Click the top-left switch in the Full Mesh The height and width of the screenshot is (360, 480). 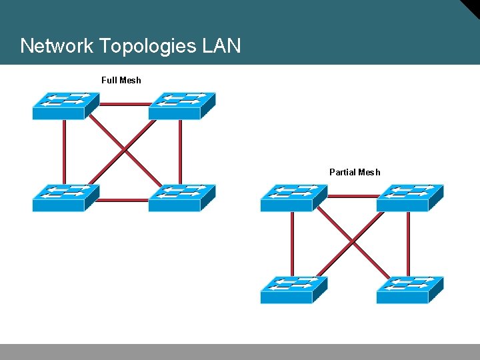coord(65,106)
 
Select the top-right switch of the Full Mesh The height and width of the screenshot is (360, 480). coord(181,106)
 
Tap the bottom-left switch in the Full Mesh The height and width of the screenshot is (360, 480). coord(65,198)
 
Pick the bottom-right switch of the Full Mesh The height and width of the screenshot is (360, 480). coord(181,198)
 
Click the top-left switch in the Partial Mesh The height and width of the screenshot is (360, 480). coord(293,198)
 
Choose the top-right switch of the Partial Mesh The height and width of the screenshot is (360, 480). coord(409,198)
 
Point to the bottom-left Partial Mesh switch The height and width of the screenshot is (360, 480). coord(293,290)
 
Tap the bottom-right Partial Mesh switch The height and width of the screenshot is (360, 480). coord(409,290)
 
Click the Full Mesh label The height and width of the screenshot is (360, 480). coord(121,80)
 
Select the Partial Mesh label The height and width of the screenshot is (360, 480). coord(355,172)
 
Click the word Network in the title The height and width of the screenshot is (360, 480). coord(57,46)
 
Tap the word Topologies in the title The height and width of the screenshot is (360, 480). coord(147,46)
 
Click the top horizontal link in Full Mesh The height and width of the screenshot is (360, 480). coord(125,105)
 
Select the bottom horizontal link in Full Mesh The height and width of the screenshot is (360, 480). coord(125,199)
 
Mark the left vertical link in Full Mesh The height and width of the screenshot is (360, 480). coord(65,152)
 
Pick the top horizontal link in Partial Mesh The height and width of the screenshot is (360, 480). coord(353,197)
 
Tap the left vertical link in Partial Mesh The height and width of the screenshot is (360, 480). coord(293,244)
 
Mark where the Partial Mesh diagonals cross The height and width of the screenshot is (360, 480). coord(352,241)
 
